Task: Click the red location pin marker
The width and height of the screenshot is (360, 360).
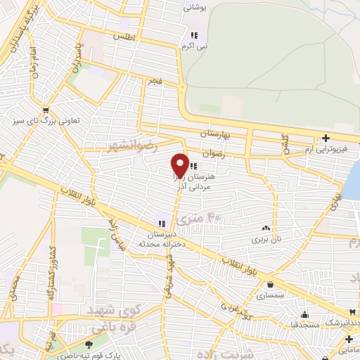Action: [180, 165]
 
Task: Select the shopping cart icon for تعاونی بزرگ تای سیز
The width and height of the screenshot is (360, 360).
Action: [46, 110]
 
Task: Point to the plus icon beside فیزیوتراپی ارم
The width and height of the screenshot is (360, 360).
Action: [325, 138]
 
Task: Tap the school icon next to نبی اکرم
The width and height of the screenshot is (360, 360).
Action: [193, 35]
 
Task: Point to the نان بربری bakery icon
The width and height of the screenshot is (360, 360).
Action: [266, 228]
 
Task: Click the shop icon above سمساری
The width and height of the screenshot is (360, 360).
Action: [271, 285]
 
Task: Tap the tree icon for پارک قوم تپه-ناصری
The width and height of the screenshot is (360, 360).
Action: [89, 345]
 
